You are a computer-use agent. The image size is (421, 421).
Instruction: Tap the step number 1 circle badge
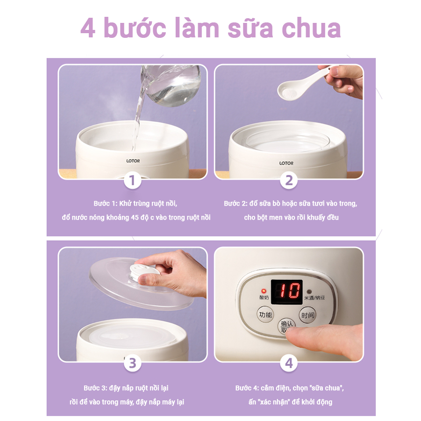[x=132, y=180]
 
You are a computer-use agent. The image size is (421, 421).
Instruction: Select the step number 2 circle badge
[x=289, y=180]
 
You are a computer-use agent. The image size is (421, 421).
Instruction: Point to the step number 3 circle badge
[x=132, y=363]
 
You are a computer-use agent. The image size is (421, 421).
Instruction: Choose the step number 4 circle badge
[x=289, y=363]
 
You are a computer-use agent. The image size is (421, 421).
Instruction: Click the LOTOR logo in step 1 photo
[x=133, y=161]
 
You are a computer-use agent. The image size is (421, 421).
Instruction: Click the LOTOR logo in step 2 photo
[x=286, y=163]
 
